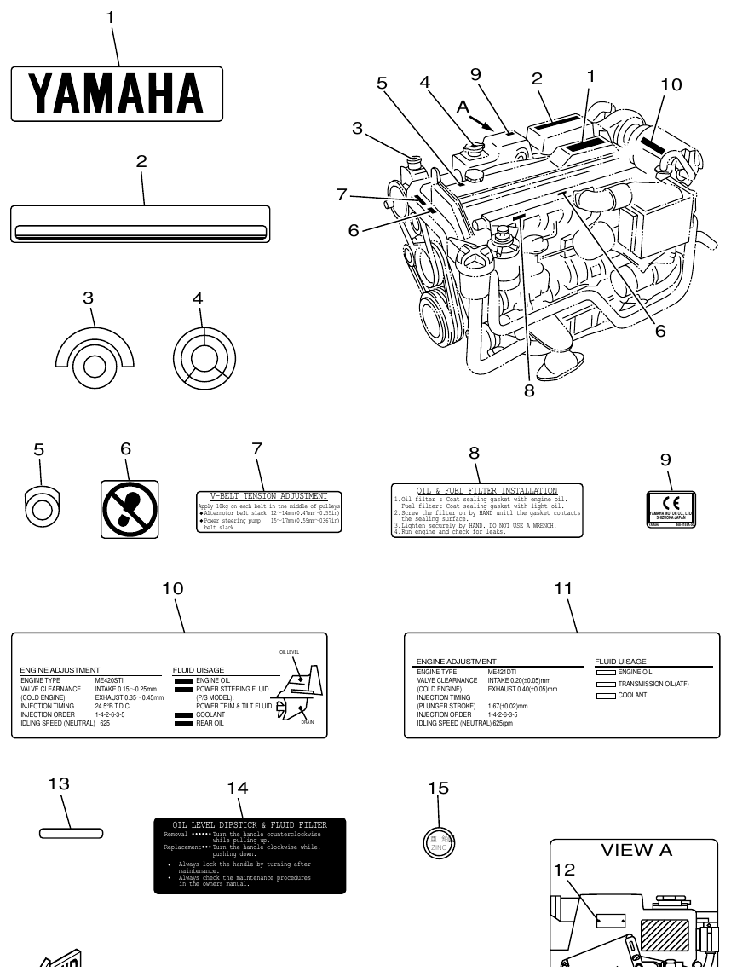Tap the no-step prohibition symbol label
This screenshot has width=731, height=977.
point(130,509)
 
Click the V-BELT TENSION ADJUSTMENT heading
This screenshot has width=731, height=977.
point(268,496)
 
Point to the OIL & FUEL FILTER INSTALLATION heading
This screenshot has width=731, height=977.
point(486,491)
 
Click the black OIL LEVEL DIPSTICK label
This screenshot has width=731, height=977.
point(250,855)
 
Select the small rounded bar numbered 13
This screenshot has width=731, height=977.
point(71,831)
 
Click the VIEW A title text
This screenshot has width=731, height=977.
point(636,851)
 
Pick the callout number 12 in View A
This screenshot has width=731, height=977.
point(564,870)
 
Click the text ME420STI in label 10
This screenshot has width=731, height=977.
point(109,680)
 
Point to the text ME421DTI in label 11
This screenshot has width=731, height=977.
point(502,673)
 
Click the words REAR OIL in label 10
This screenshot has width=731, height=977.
point(210,723)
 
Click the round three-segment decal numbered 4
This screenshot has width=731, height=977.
point(202,355)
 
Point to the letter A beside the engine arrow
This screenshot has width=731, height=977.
point(463,106)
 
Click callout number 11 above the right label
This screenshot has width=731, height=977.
point(562,589)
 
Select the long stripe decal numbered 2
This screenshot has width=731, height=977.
point(140,224)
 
